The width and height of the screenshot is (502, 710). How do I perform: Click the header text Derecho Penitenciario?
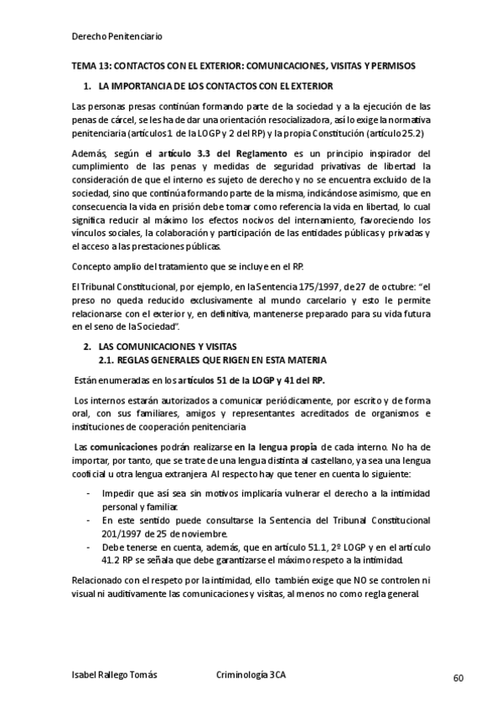tap(116, 37)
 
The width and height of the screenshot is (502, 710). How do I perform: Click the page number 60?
tap(458, 677)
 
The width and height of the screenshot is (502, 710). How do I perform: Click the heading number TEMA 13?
tap(91, 65)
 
